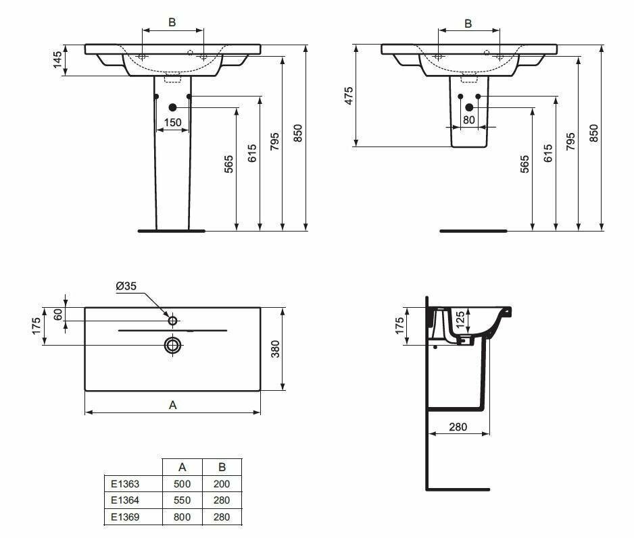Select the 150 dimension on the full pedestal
173,122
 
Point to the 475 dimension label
349,96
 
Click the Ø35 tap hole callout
126,286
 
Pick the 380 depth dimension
275,348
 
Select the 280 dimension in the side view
458,427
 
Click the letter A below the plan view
172,405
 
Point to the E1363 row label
124,483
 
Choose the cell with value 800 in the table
182,517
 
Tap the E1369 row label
124,517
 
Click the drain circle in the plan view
173,346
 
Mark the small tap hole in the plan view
173,320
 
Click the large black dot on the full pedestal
172,107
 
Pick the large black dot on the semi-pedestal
469,107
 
